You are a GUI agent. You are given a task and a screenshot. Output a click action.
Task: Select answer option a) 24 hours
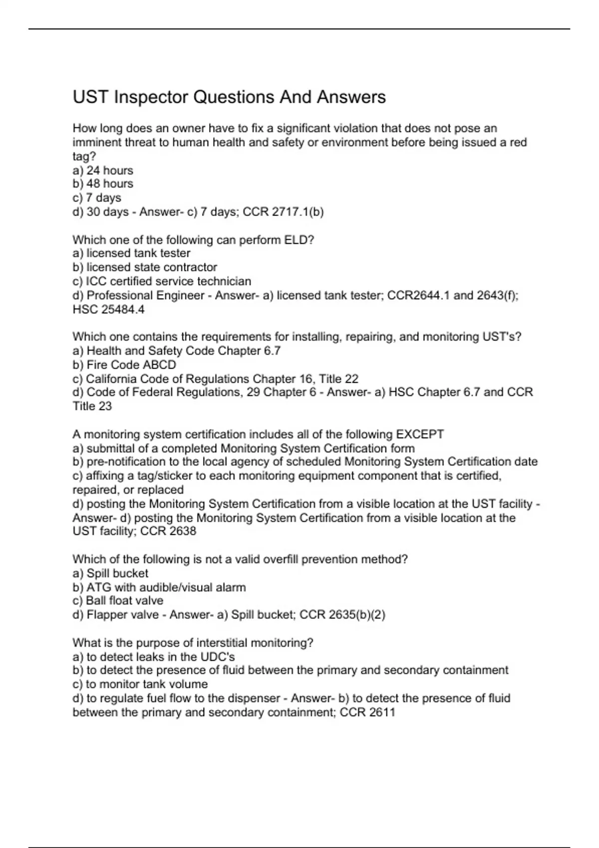click(x=103, y=171)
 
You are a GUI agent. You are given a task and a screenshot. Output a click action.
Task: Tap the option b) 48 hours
click(x=103, y=184)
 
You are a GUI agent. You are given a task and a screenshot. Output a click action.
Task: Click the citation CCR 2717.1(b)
click(x=283, y=212)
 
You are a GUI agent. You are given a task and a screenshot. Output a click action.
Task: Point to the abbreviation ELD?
click(x=299, y=240)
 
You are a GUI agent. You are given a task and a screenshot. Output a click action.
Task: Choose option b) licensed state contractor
click(x=145, y=267)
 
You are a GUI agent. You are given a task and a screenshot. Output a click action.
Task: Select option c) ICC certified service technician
click(x=162, y=281)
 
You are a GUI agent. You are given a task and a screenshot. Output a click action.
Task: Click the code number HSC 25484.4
click(x=108, y=309)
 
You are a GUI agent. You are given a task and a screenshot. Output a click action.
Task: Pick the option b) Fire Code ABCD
click(x=124, y=365)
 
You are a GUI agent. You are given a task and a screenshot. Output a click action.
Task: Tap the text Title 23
click(x=92, y=406)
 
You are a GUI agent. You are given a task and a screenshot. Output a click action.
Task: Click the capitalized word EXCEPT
click(x=420, y=434)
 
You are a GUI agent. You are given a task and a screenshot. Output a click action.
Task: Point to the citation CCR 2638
click(x=168, y=531)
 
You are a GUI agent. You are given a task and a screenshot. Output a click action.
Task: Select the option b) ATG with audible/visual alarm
click(x=159, y=588)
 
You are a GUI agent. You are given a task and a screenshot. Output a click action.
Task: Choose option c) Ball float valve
click(x=118, y=601)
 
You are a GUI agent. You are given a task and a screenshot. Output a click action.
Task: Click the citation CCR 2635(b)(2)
click(x=342, y=615)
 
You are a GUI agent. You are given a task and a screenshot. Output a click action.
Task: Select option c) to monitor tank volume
click(x=140, y=684)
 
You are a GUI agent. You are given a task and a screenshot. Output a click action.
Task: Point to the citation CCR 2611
click(x=367, y=712)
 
